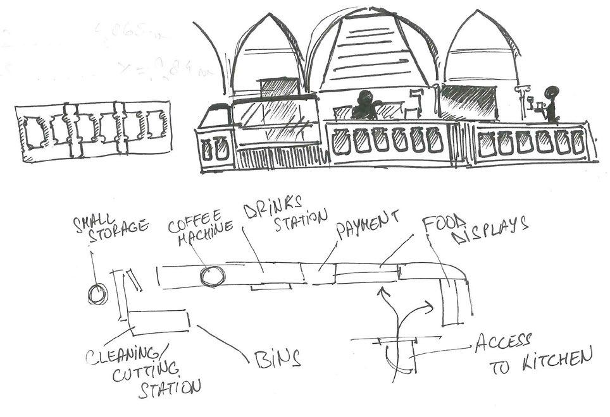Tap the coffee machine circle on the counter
(211, 275)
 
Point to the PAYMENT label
(367, 224)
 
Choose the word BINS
(277, 359)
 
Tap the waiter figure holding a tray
(549, 104)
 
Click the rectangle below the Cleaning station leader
(159, 322)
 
